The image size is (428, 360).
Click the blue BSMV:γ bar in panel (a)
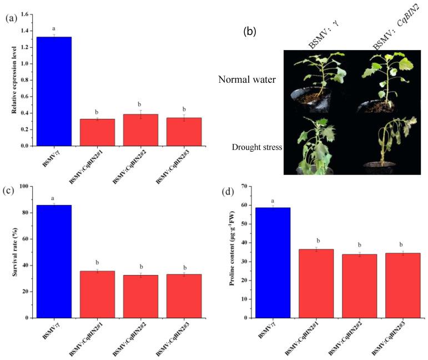[x=54, y=91]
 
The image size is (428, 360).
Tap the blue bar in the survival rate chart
[x=54, y=261]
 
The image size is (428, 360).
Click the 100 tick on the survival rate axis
[x=25, y=186]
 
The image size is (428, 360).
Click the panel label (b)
[x=250, y=32]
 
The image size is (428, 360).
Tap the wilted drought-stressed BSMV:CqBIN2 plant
[x=389, y=142]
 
